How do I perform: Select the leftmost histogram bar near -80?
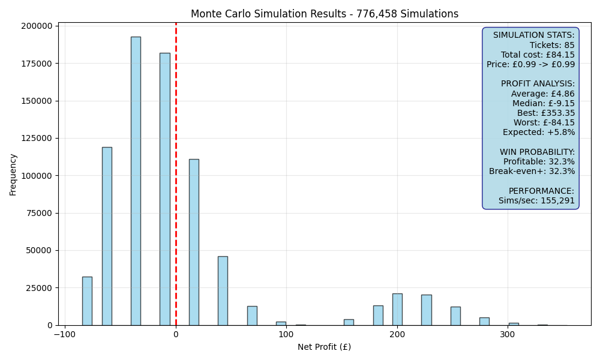87,301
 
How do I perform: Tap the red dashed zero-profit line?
176,174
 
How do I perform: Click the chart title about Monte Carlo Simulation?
325,14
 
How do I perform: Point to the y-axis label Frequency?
13,175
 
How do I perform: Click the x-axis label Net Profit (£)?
324,347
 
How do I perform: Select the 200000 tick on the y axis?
37,26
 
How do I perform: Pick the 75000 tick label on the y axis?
39,213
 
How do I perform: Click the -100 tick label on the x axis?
65,334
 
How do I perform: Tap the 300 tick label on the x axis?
508,334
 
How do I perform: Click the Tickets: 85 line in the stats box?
552,45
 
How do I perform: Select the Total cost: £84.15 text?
538,55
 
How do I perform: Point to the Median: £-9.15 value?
544,103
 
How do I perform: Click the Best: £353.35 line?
545,113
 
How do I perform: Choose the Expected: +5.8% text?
539,133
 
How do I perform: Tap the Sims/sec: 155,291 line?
536,200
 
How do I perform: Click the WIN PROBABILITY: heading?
537,152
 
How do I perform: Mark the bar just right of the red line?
194,242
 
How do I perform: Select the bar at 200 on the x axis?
397,310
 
